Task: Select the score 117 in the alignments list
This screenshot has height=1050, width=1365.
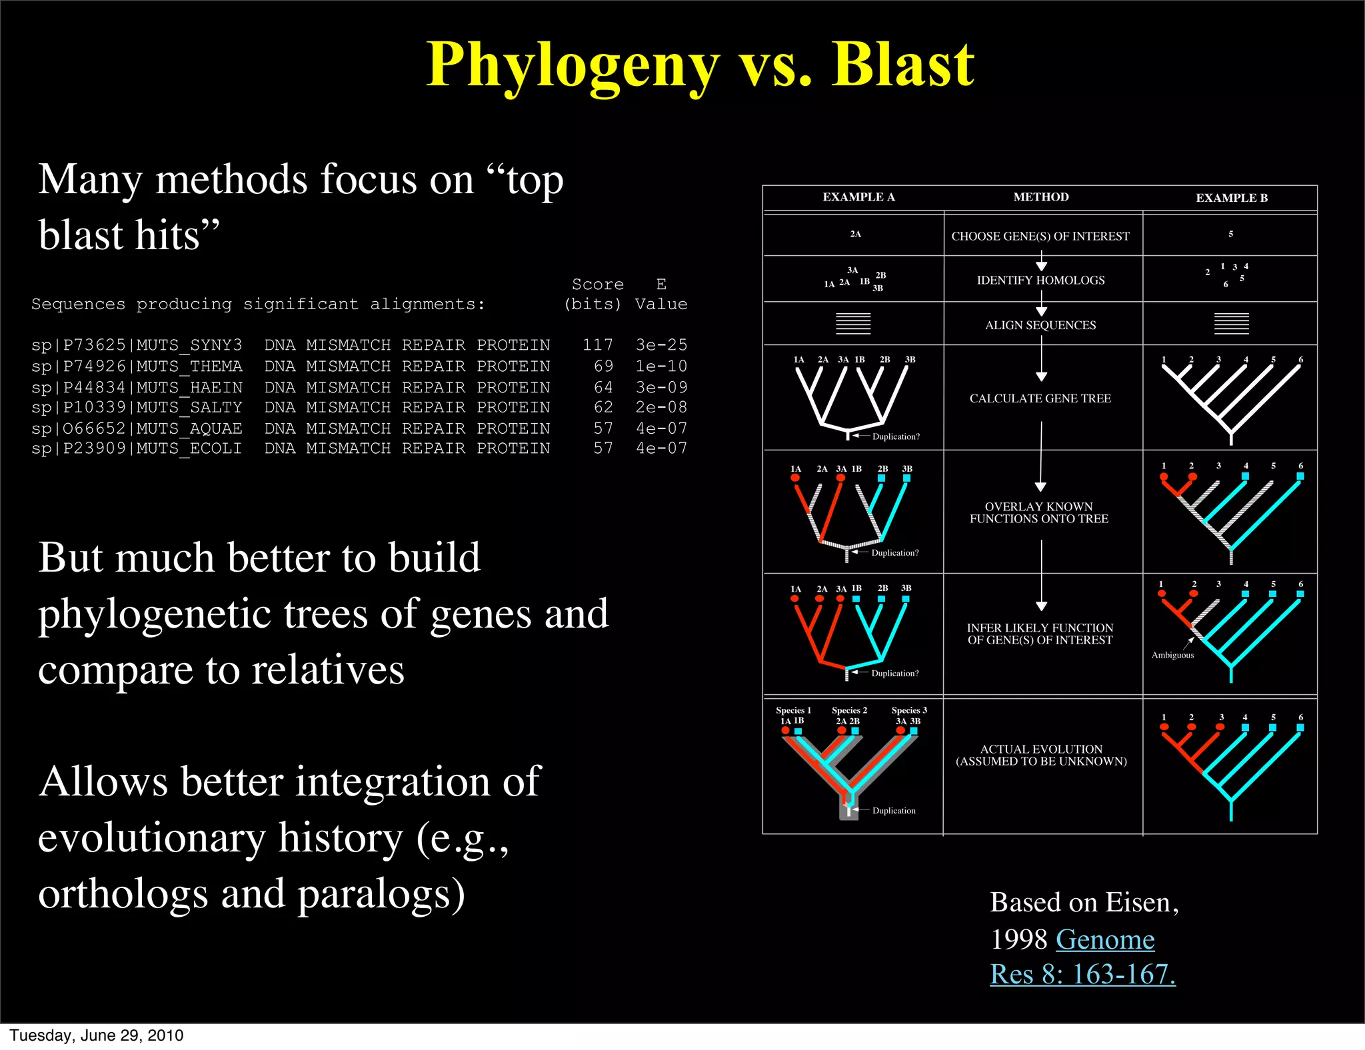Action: click(597, 345)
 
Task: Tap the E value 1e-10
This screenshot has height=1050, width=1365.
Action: click(661, 366)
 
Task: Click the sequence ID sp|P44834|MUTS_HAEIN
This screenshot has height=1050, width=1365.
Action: click(137, 387)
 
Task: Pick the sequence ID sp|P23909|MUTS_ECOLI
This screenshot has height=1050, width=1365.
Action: click(137, 448)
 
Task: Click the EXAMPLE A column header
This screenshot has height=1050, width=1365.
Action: click(858, 197)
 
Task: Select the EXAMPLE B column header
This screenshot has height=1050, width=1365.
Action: click(1231, 198)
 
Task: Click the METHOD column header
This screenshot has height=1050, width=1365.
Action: click(1040, 197)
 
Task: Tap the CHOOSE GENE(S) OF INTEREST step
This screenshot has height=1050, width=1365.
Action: click(1040, 237)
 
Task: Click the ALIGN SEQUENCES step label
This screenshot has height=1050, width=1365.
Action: click(1040, 325)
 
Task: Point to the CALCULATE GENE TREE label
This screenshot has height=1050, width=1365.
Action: click(1040, 398)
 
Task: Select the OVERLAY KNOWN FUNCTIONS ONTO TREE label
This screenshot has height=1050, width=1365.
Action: click(1039, 512)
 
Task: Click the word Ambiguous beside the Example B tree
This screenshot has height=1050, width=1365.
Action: click(1172, 655)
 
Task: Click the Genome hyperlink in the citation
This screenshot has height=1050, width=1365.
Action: click(1105, 939)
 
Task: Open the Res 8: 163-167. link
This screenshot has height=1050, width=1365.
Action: click(1082, 974)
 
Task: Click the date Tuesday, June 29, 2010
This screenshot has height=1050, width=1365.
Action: click(97, 1035)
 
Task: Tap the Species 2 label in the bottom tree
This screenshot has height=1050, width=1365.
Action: click(849, 710)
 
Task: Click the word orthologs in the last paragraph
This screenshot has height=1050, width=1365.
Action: click(123, 894)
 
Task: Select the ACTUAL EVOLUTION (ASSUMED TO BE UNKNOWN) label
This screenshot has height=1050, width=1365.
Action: click(1041, 755)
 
